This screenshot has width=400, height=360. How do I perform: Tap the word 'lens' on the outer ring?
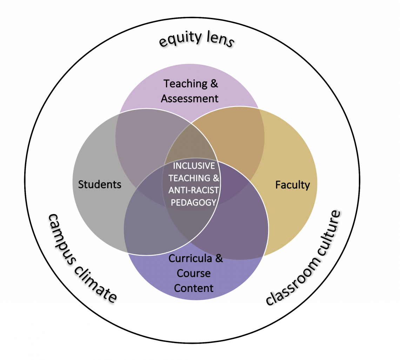point(220,39)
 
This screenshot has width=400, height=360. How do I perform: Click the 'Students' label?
point(100,185)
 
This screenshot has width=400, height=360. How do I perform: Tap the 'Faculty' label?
point(292,185)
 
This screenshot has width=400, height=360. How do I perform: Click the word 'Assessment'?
point(189,98)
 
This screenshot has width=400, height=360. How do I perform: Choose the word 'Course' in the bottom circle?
point(194,273)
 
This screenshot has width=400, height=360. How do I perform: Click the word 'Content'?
point(194,288)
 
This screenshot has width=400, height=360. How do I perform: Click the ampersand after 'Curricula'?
point(219,259)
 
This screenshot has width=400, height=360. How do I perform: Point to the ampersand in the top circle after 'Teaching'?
point(214,84)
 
